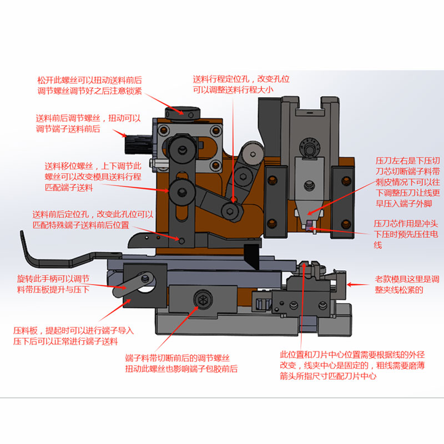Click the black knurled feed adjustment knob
[x=138, y=145]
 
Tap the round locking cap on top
[x=183, y=113]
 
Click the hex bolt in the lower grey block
[x=203, y=299]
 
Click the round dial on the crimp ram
[x=310, y=147]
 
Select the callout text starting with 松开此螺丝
[x=89, y=85]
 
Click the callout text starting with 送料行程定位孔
[x=241, y=84]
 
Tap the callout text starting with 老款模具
[x=407, y=285]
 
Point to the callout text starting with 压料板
[x=73, y=336]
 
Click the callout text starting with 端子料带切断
[x=181, y=364]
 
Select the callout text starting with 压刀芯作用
[x=406, y=234]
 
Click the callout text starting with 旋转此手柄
[x=53, y=284]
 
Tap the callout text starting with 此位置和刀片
[x=352, y=366]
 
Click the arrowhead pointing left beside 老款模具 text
[x=350, y=285]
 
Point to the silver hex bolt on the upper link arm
[x=253, y=154]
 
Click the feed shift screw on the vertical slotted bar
[x=181, y=193]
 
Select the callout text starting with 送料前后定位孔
[x=93, y=220]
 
